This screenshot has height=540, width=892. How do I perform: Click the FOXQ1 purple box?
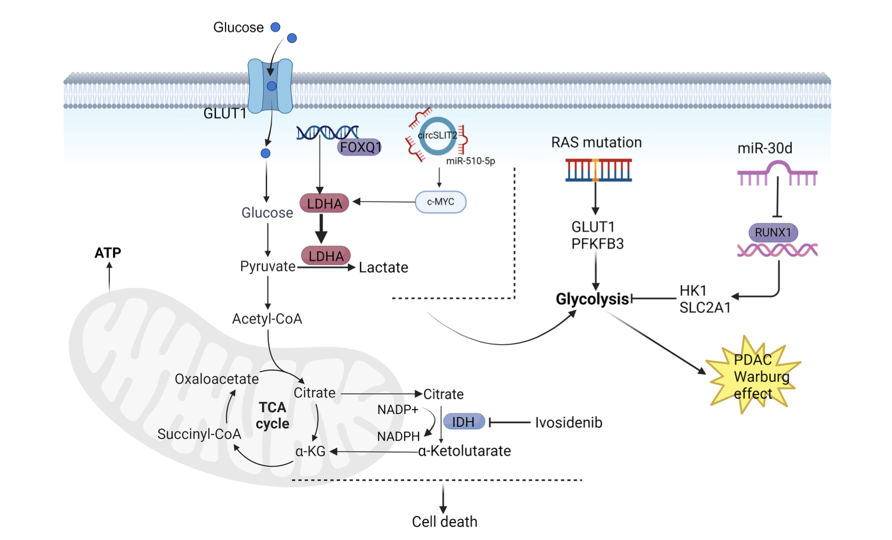(360, 148)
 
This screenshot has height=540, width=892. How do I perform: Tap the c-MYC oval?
(440, 202)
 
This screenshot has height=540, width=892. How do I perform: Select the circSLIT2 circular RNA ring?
(437, 136)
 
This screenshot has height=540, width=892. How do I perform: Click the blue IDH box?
(463, 422)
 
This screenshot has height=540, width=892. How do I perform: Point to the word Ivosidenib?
(568, 423)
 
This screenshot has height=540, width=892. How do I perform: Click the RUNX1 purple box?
(773, 233)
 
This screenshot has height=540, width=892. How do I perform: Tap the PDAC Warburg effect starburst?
(753, 376)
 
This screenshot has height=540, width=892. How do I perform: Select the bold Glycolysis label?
(592, 299)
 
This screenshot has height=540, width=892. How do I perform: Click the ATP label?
(108, 253)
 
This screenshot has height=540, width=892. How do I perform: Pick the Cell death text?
(444, 522)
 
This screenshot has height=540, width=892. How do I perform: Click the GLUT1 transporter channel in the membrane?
(270, 86)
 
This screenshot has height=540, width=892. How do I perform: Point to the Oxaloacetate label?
(216, 379)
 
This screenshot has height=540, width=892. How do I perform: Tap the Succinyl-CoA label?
(199, 434)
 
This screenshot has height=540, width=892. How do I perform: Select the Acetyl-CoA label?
(267, 319)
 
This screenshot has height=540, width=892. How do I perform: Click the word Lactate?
(383, 267)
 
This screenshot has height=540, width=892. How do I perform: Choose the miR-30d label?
(765, 148)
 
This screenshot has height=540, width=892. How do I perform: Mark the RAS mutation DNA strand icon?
(598, 170)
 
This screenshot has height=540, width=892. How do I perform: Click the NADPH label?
(398, 436)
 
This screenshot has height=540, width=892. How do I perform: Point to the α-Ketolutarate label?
(464, 451)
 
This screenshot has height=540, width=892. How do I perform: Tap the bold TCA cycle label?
(273, 415)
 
